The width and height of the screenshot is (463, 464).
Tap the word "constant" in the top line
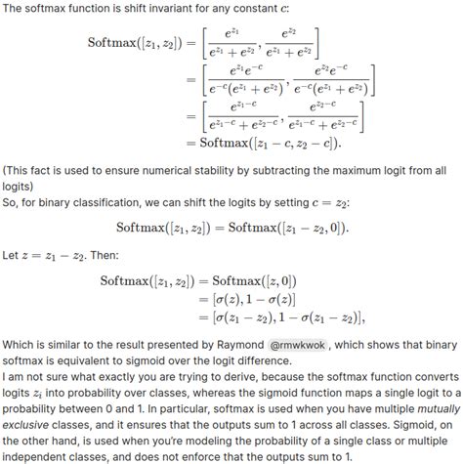point(275,10)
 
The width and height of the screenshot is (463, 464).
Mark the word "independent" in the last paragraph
point(39,456)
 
